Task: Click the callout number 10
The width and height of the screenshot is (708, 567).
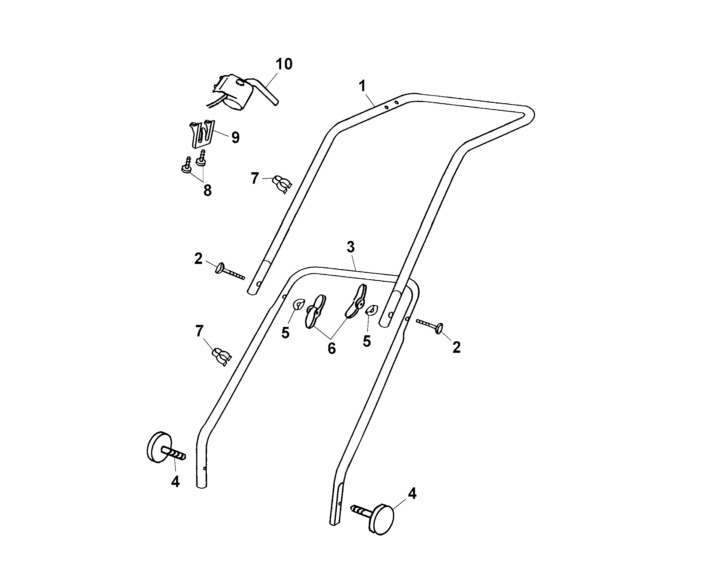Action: (x=284, y=64)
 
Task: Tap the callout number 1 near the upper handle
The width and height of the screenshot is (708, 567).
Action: (x=362, y=86)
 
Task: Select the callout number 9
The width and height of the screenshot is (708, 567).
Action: (x=235, y=137)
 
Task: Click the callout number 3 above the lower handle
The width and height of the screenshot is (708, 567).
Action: (x=351, y=247)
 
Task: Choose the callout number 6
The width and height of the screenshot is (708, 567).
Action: (x=332, y=348)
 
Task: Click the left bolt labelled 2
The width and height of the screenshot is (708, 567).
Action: (x=229, y=272)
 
